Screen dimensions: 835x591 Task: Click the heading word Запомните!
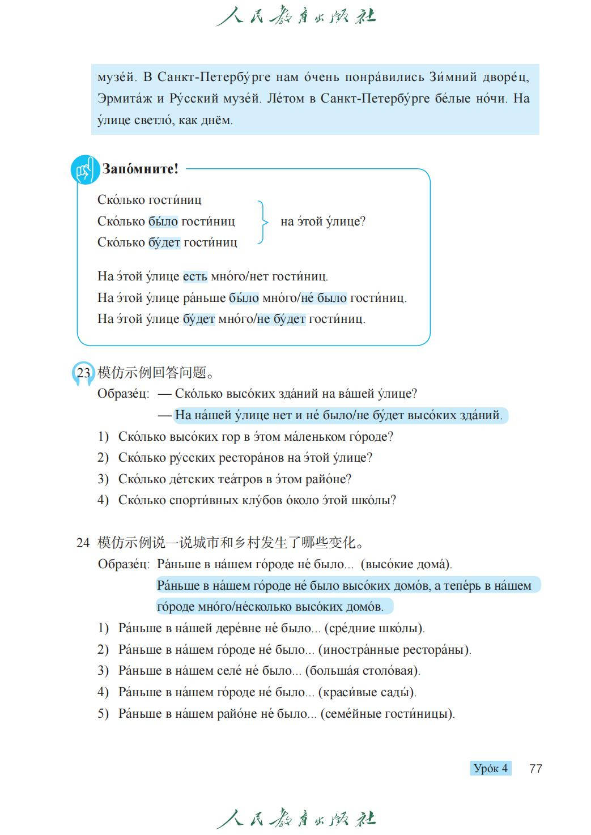click(x=140, y=169)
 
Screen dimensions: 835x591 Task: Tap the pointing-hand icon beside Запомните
click(x=84, y=169)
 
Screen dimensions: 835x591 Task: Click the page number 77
click(x=535, y=768)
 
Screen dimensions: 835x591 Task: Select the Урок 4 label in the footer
click(x=491, y=768)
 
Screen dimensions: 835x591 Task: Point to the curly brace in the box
click(x=262, y=221)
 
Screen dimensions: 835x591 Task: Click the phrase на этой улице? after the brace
click(x=323, y=221)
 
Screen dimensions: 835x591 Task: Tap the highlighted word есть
click(x=195, y=276)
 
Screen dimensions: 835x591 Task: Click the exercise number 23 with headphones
click(x=83, y=373)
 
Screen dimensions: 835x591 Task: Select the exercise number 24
click(x=83, y=543)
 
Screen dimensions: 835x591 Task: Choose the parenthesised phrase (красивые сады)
click(x=367, y=692)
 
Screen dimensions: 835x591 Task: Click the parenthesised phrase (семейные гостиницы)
click(x=388, y=714)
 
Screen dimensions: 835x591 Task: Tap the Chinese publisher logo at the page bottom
click(x=296, y=819)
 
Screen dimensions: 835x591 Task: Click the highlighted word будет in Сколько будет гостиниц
click(x=164, y=242)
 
